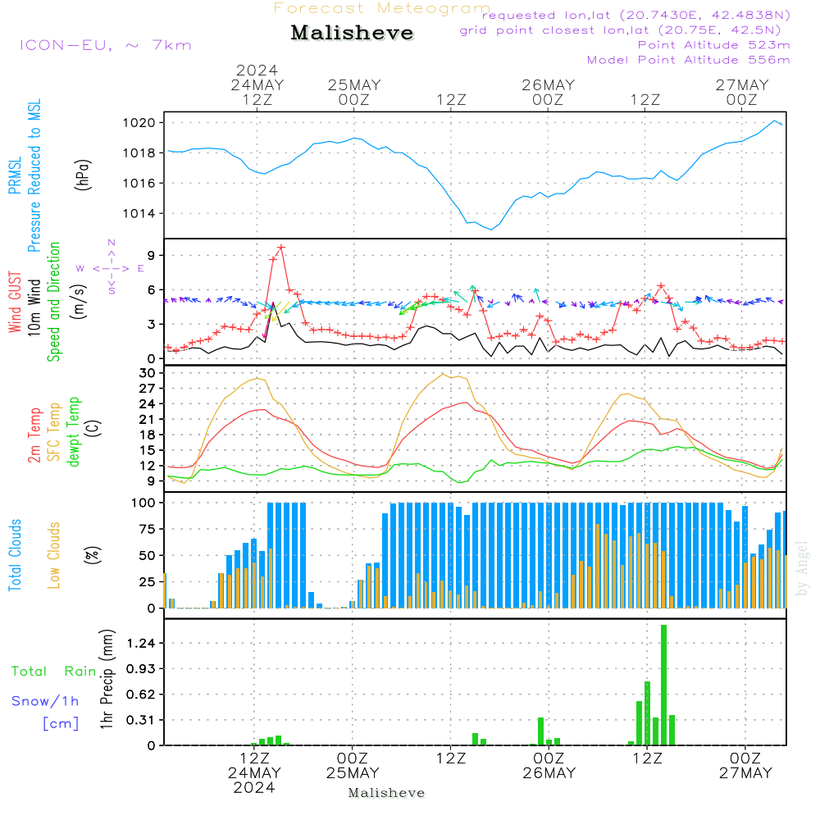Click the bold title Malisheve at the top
point(352,34)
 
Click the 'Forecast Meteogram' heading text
point(382,8)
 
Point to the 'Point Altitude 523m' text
point(713,45)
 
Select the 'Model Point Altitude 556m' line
point(689,60)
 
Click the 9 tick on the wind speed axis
point(151,256)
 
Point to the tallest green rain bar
point(663,685)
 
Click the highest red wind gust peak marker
point(281,247)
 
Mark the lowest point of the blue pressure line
point(491,230)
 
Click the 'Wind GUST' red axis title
point(15,303)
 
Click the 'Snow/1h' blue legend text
point(46,702)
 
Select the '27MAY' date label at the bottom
point(742,773)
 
